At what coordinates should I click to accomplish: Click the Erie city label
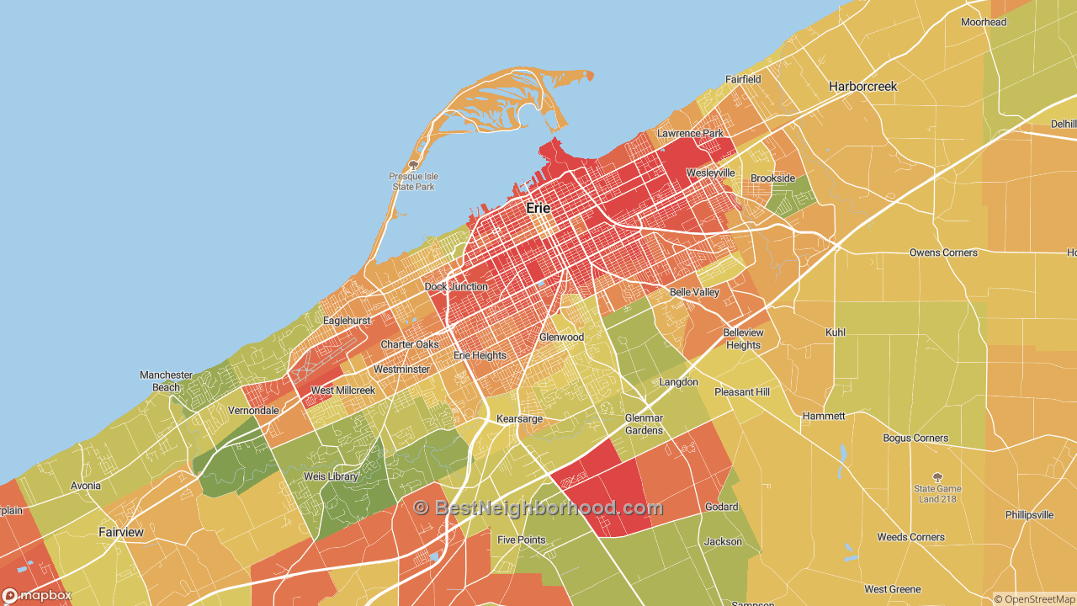click(x=538, y=208)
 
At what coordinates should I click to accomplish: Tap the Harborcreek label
click(x=862, y=87)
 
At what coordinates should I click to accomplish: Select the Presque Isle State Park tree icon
click(x=412, y=165)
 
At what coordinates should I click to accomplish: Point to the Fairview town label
click(x=121, y=532)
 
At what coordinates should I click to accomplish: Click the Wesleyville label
click(x=710, y=173)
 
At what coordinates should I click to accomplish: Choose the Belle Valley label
click(x=694, y=292)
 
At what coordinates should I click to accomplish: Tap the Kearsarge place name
click(x=519, y=419)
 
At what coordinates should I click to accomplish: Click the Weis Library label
click(x=331, y=476)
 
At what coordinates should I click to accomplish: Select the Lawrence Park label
click(x=690, y=134)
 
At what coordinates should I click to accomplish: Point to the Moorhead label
click(x=984, y=22)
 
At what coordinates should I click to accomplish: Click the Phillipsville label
click(x=1029, y=515)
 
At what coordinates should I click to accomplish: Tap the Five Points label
click(x=521, y=540)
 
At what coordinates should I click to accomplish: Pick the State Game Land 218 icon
click(x=938, y=476)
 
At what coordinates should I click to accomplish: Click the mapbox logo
click(x=37, y=596)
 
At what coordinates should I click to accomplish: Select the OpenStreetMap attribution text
click(x=1034, y=599)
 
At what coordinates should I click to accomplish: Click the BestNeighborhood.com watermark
click(x=538, y=508)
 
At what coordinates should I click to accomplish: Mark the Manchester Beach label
click(x=166, y=381)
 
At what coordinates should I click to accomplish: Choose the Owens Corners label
click(x=943, y=252)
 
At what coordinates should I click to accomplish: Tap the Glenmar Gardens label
click(x=644, y=424)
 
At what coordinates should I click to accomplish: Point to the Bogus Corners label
click(x=915, y=439)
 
